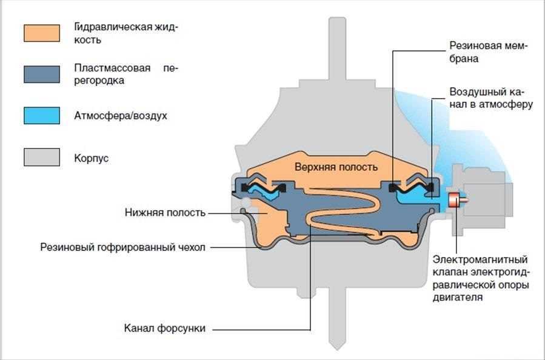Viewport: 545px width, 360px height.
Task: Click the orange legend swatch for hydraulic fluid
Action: pyautogui.click(x=42, y=33)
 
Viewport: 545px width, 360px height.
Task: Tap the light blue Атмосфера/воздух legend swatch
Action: pyautogui.click(x=42, y=115)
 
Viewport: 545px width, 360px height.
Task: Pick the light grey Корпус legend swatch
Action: pyautogui.click(x=42, y=157)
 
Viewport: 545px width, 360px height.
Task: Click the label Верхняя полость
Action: pyautogui.click(x=336, y=167)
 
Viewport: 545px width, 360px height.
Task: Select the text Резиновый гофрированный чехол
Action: pyautogui.click(x=124, y=247)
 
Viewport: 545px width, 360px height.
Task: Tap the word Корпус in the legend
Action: pyautogui.click(x=93, y=158)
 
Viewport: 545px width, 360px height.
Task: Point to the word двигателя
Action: pyautogui.click(x=463, y=298)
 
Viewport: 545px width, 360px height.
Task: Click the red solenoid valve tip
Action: pyautogui.click(x=453, y=199)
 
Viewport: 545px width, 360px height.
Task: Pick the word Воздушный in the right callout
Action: pyautogui.click(x=476, y=93)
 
